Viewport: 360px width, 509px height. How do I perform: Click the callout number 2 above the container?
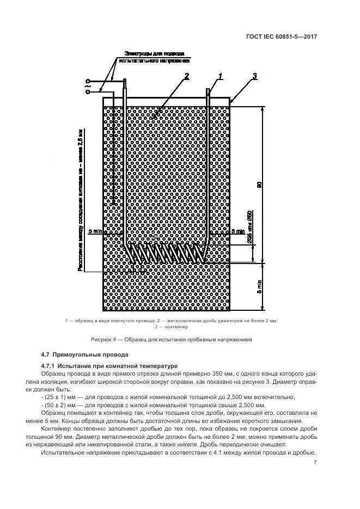[x=186, y=76]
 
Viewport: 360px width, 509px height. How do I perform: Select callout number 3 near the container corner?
[x=254, y=76]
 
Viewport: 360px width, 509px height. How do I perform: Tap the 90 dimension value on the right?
[x=259, y=185]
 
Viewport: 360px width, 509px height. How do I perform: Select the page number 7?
[x=315, y=463]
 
